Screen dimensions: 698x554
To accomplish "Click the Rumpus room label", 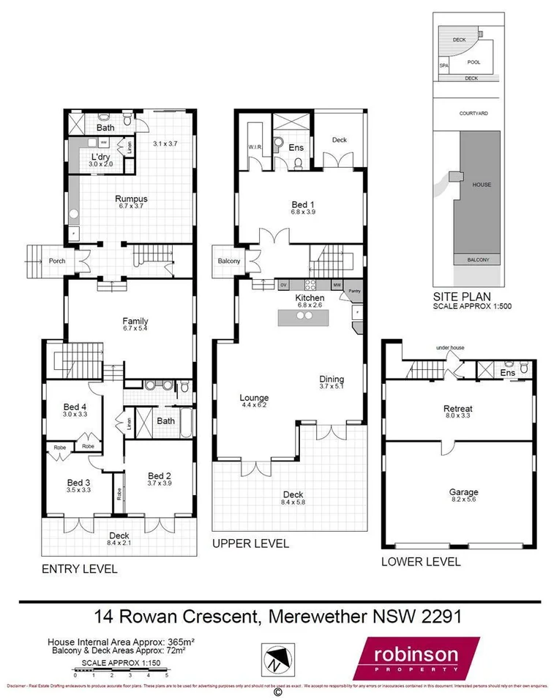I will click(131, 198).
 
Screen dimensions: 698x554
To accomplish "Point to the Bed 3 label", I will click(79, 483).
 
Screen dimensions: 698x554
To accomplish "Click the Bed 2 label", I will click(159, 474).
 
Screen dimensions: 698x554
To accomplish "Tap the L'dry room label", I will click(100, 157).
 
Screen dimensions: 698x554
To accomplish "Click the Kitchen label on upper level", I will click(309, 298).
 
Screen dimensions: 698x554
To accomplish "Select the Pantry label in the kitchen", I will click(355, 291).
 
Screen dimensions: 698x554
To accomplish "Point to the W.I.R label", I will click(255, 147).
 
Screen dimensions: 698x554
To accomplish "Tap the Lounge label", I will click(254, 398).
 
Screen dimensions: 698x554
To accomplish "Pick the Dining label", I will click(332, 379).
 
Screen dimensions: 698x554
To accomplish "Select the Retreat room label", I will click(457, 409).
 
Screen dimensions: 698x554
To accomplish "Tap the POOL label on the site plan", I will click(473, 63).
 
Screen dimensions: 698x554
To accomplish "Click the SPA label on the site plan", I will click(443, 66).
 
